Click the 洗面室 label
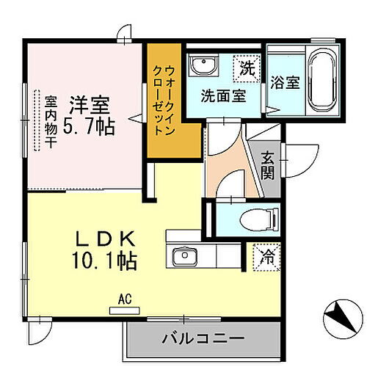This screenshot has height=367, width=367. [x=223, y=95]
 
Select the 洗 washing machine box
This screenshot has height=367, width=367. [x=247, y=70]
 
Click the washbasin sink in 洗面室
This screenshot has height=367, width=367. [x=201, y=68]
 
